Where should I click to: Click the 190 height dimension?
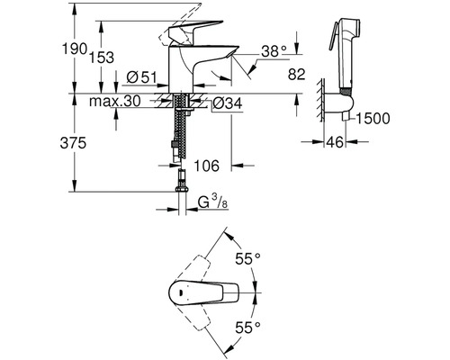tap(75, 49)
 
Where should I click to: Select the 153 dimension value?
tap(102, 57)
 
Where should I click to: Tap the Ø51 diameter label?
tap(141, 77)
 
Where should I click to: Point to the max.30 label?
tap(115, 101)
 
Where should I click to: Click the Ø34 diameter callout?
tap(227, 103)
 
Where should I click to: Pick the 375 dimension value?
tap(73, 143)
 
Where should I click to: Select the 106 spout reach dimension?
tap(207, 166)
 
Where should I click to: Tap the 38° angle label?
tap(274, 51)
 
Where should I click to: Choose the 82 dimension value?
tap(296, 74)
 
